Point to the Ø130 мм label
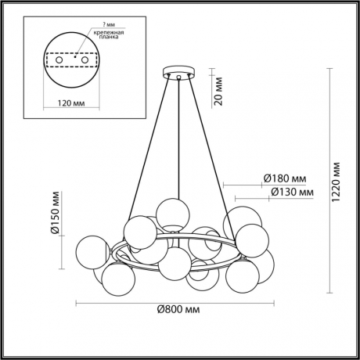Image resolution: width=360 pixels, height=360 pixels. (x=286, y=191)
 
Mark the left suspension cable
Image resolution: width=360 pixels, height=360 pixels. (x=149, y=149)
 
